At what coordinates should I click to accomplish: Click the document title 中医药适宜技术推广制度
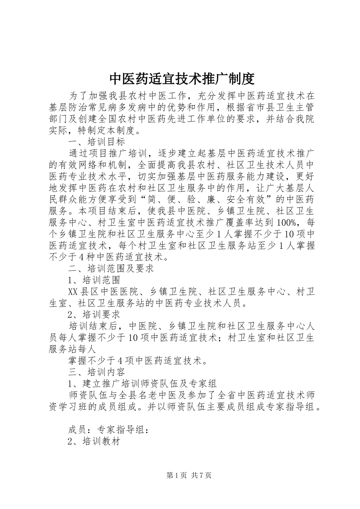point(182,79)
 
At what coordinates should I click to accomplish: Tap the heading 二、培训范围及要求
point(111,269)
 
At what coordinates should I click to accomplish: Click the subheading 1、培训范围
point(94,280)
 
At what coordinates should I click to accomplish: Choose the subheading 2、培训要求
point(94,314)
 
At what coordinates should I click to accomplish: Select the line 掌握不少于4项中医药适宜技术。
point(138,360)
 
